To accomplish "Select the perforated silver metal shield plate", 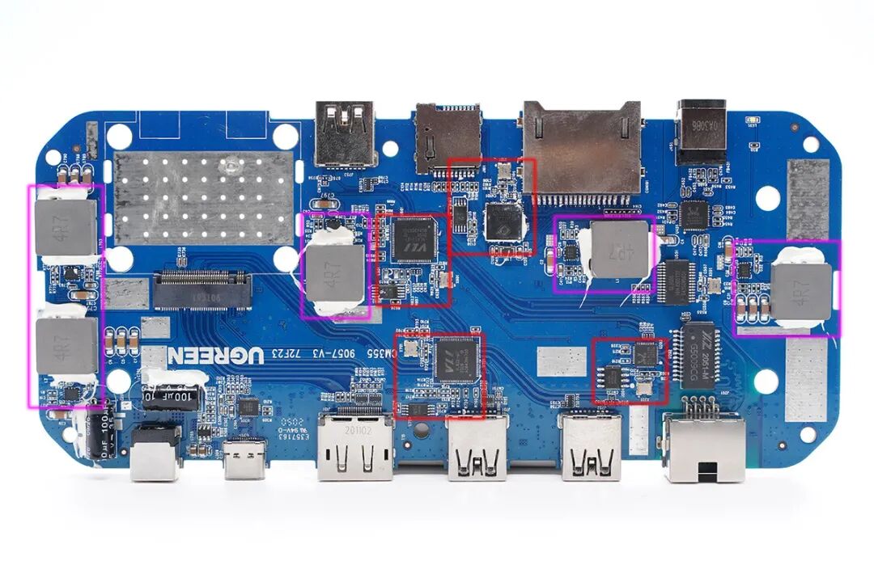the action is point(203,197).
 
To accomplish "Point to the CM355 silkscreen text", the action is point(375,352).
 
